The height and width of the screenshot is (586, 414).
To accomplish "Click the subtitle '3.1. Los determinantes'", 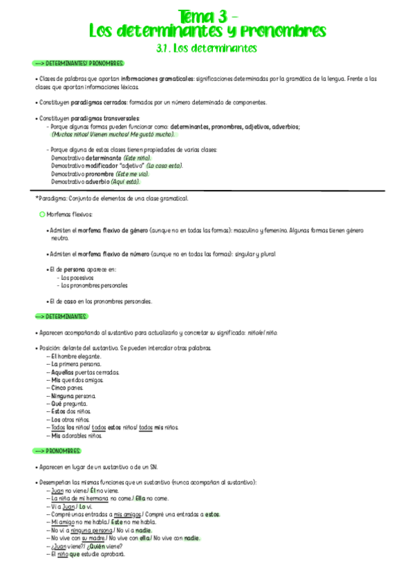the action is click(x=207, y=48).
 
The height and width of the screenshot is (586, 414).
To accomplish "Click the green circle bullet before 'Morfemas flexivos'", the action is click(x=42, y=215).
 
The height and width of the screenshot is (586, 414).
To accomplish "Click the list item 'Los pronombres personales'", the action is click(x=94, y=285).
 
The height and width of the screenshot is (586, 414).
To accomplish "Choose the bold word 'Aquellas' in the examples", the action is click(x=63, y=372).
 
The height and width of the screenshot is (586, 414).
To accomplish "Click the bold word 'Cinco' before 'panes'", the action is click(x=59, y=388).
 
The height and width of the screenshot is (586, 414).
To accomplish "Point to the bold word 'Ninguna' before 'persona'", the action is click(x=63, y=397).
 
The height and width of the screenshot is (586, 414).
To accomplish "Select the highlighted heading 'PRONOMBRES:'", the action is click(x=63, y=451).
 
